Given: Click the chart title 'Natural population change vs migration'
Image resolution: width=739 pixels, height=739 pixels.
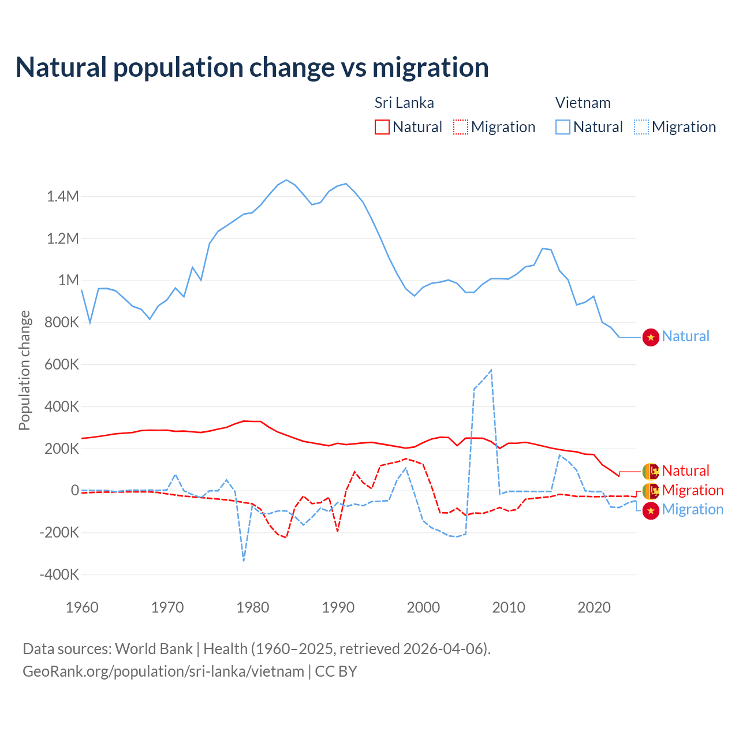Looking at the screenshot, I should coord(252,68).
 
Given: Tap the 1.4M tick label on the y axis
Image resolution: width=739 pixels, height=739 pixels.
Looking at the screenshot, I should coord(63,197).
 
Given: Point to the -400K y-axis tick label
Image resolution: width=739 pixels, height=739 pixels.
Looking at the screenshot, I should coord(59,575).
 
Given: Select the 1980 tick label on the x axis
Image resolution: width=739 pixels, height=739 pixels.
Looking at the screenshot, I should coord(253,607).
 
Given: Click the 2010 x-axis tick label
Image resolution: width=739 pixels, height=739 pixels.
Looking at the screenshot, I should coord(509,607).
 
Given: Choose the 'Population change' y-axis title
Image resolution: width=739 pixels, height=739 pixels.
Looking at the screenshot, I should coord(24,370).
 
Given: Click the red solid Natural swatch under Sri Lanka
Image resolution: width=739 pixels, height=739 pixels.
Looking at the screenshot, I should coord(382,127).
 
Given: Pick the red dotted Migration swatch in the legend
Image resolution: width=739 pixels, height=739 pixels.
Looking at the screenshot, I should coord(460,127).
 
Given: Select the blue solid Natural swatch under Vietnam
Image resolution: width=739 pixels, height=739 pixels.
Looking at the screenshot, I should coord(562,127).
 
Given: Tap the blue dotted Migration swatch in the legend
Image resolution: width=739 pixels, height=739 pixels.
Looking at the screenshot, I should coord(641,127).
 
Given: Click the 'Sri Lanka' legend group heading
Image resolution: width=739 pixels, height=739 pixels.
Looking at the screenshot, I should coord(404,103).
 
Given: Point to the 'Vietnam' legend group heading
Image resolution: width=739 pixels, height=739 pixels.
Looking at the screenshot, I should coord(583,103).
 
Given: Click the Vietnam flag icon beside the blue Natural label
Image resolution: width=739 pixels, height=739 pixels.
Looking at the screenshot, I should coord(651,337).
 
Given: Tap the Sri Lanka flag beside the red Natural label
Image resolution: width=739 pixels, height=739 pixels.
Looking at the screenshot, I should coord(651,472).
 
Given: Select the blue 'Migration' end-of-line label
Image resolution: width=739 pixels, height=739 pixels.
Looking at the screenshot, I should coord(692,510).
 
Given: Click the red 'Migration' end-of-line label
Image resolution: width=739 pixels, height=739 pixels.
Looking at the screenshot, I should coord(692,491).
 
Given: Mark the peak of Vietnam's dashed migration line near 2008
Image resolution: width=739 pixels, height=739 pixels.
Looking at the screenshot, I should coord(491,370).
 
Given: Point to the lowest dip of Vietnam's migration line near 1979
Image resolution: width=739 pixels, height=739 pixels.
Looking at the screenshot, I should coord(244,560).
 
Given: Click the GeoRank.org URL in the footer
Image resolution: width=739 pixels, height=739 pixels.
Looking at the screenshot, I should coord(163,671).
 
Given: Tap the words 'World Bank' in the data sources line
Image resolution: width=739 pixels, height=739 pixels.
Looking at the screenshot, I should coord(154,649).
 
